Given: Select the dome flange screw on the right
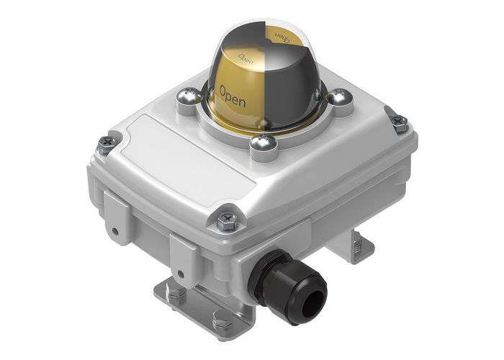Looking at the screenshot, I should coord(339,94).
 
